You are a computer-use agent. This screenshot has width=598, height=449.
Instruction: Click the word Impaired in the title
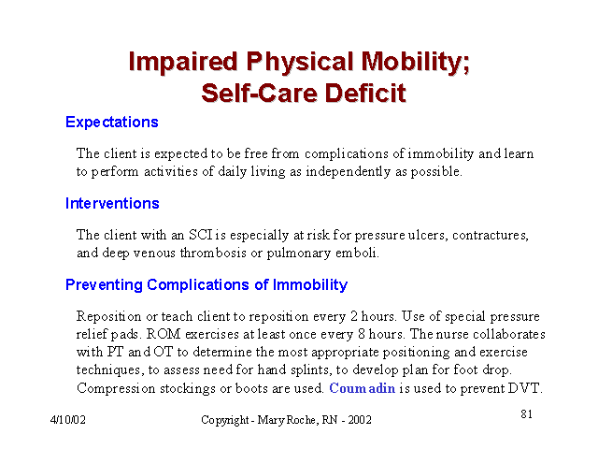[183, 62]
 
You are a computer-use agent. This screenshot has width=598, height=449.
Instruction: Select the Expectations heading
[112, 123]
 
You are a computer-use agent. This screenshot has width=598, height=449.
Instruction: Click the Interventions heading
[112, 204]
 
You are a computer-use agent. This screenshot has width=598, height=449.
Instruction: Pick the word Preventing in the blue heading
[104, 285]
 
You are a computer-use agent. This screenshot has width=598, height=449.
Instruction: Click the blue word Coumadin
[362, 388]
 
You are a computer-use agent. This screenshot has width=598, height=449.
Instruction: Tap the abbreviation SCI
[201, 235]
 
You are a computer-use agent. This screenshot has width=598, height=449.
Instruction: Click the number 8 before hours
[362, 334]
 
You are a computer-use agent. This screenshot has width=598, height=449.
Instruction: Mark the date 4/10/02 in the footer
[68, 420]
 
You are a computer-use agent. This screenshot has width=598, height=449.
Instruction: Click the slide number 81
[527, 413]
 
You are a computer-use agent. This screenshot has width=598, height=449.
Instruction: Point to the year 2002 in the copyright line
[359, 420]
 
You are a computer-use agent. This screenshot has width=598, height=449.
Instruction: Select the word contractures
[491, 235]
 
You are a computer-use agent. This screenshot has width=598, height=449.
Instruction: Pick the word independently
[349, 172]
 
